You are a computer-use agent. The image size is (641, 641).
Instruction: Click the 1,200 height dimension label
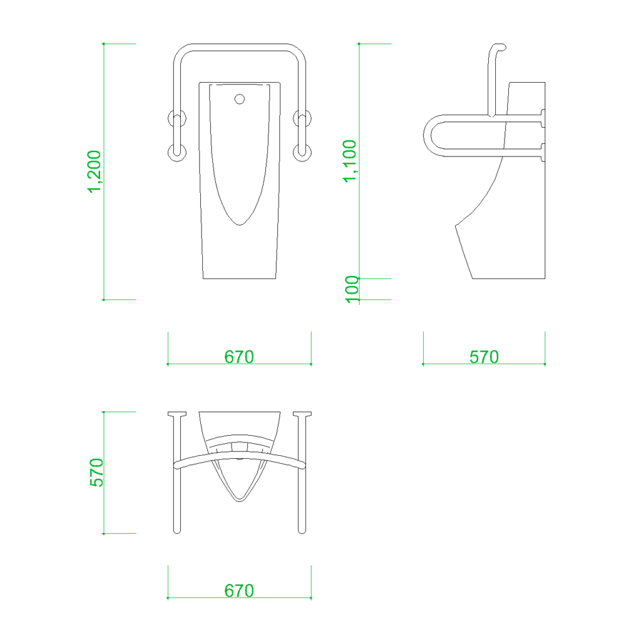95,172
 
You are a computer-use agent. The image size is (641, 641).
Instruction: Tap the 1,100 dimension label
350,161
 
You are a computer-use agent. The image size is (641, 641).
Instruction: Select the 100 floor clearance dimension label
352,289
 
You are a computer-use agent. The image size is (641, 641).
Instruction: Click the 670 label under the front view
239,357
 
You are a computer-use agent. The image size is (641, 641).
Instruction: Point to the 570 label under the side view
484,357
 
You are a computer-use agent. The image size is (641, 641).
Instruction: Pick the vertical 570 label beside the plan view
96,473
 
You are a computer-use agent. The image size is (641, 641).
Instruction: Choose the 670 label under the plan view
239,591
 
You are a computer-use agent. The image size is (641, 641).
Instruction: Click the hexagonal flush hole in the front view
240,99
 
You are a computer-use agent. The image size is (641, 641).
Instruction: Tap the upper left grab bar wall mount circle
177,118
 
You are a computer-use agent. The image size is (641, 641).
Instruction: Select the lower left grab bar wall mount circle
177,152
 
